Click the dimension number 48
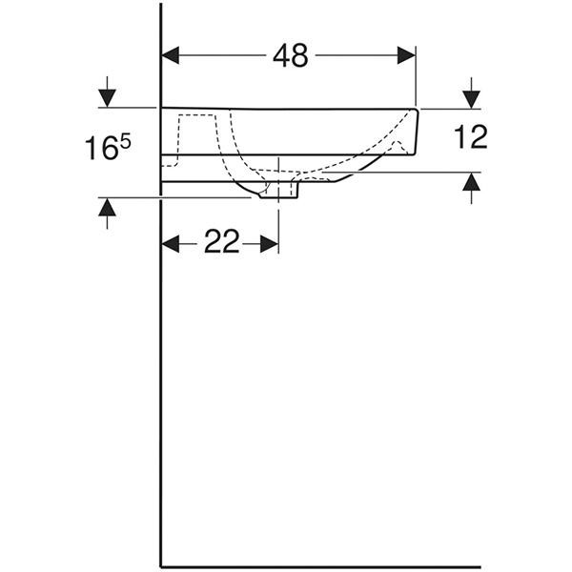point(291,55)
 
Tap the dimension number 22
point(221,241)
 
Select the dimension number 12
point(471,136)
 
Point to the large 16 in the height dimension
point(101,148)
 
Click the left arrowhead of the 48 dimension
point(171,55)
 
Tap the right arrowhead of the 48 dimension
point(406,55)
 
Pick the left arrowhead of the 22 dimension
point(171,244)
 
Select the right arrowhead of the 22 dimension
point(270,244)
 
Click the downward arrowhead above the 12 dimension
point(471,99)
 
